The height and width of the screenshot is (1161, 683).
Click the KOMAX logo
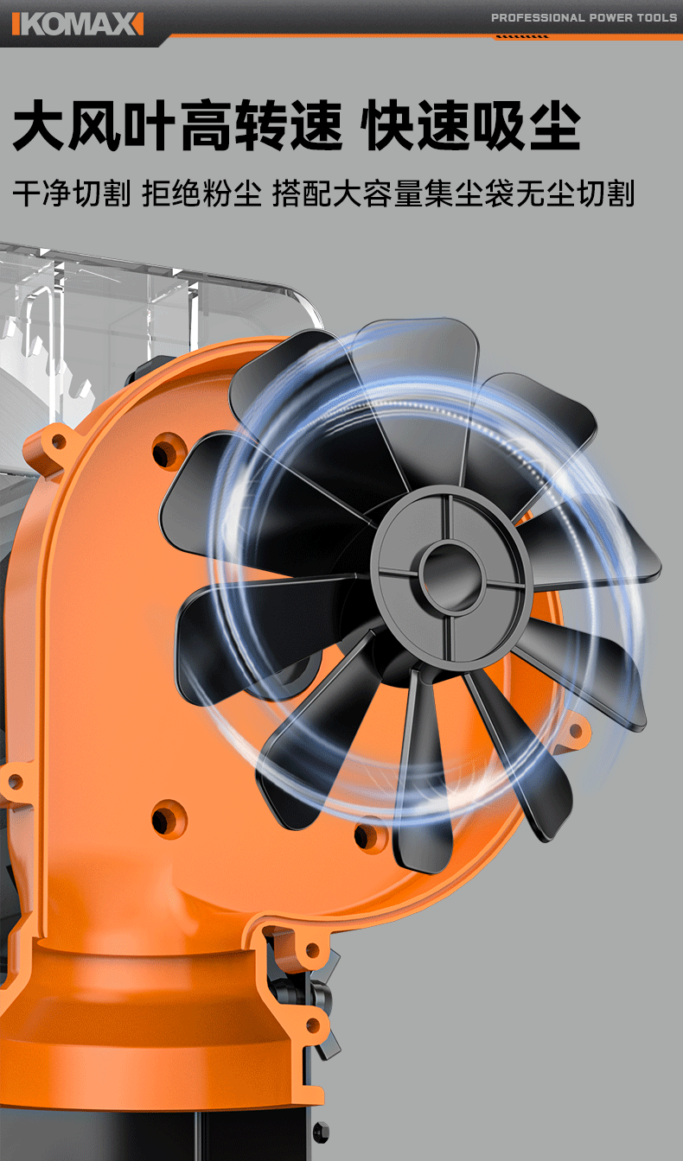pos(78,24)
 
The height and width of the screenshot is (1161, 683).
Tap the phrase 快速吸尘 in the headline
pos(470,125)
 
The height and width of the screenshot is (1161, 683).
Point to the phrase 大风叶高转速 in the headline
pos(177,125)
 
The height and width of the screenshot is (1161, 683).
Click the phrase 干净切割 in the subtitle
pos(72,193)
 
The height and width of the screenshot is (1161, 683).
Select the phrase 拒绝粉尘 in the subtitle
pos(201,193)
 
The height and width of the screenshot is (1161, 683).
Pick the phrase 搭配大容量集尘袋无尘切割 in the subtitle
pos(453,193)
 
